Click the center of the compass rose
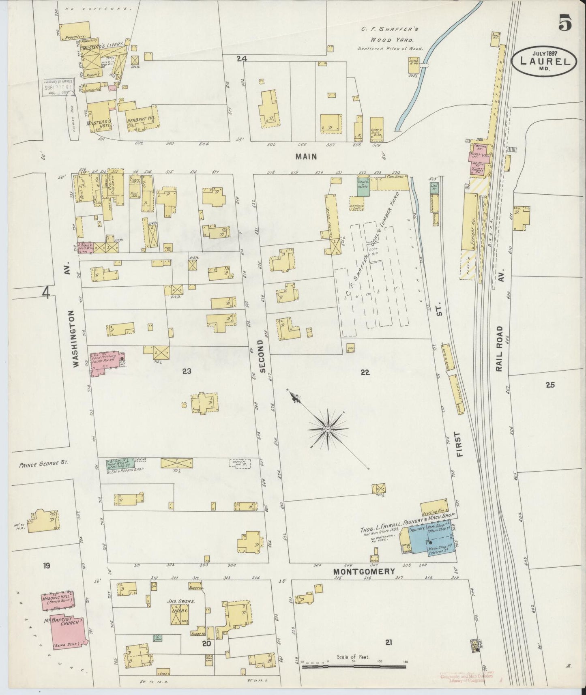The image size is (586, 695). tap(328, 429)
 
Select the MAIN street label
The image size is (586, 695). tap(306, 157)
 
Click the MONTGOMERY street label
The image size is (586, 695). tap(364, 571)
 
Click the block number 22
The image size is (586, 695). tap(365, 372)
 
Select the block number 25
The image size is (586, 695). tap(550, 385)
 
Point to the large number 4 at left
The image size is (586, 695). tap(47, 292)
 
